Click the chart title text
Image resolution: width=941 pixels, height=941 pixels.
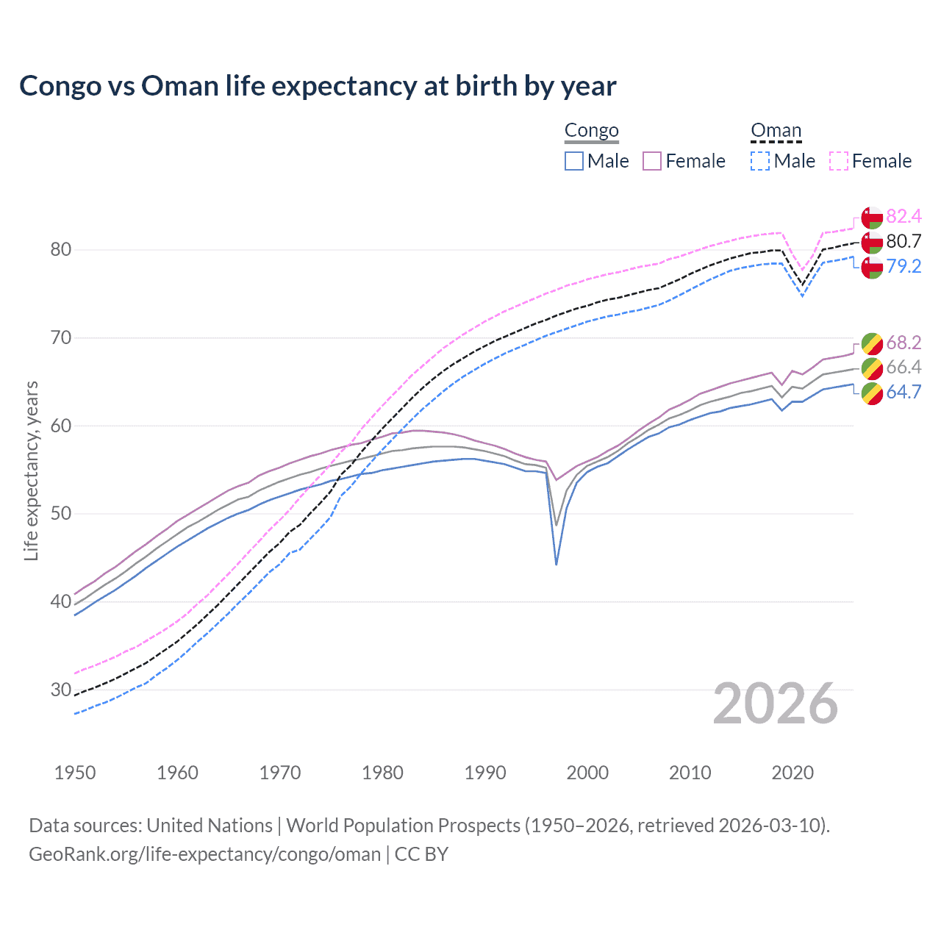click(318, 86)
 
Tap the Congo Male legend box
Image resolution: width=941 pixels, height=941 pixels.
click(574, 161)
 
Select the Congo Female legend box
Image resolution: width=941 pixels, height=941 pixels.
click(652, 161)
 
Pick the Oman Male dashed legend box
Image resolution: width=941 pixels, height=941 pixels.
click(760, 161)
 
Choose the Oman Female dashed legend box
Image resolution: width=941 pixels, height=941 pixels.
click(839, 161)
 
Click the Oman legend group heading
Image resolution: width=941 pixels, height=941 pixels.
click(776, 130)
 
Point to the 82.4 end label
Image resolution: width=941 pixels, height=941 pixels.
click(904, 216)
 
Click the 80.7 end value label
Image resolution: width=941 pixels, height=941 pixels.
click(904, 241)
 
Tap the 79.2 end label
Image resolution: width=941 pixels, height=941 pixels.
click(904, 266)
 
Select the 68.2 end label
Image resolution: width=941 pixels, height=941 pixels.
click(904, 343)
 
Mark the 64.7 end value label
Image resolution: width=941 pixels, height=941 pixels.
click(904, 392)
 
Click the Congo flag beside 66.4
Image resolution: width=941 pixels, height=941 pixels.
click(872, 368)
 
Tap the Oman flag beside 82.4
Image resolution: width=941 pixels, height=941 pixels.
click(872, 218)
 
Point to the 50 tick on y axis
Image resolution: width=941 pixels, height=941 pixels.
click(61, 514)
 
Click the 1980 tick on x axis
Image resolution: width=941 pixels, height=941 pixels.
click(382, 773)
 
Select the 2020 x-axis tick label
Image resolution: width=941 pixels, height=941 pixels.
click(792, 773)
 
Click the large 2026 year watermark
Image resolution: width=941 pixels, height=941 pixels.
click(776, 704)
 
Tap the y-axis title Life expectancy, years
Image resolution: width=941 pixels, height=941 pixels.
click(31, 470)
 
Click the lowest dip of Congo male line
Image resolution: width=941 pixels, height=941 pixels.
click(557, 564)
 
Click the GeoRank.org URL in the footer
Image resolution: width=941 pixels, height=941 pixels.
click(204, 854)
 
